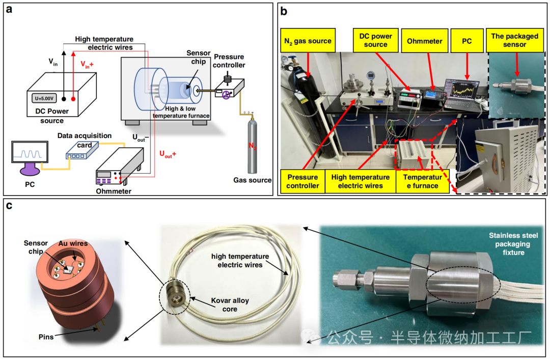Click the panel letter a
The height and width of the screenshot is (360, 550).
coord(9,11)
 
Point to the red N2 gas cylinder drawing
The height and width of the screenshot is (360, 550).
coord(251,145)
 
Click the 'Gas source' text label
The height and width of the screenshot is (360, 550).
coord(252,180)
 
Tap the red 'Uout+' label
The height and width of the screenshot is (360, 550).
coord(169,153)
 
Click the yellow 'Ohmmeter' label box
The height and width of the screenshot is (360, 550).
coord(425,41)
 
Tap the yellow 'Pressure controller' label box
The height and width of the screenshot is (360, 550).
coord(302,181)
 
